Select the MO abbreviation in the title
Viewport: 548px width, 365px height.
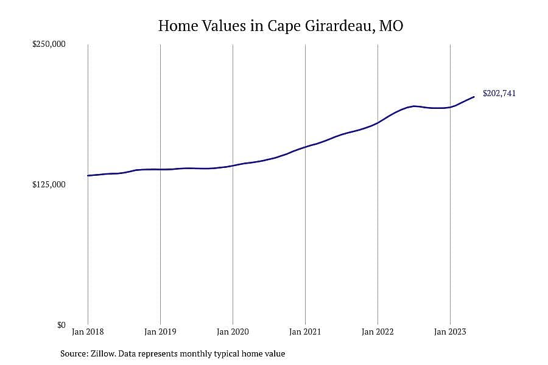coord(391,26)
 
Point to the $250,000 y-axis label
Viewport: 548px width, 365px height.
coord(49,44)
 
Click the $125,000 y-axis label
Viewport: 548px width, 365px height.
coord(49,184)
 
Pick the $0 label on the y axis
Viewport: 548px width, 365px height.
coord(61,325)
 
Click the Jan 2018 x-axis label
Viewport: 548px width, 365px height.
coord(88,332)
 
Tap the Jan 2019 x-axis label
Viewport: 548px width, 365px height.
coord(160,332)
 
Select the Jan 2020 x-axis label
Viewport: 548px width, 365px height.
coord(233,332)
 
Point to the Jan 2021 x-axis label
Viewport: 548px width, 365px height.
coord(305,332)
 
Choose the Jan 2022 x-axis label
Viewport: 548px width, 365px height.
coord(378,332)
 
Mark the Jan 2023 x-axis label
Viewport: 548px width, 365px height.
coord(450,332)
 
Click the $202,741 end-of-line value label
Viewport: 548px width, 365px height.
coord(499,93)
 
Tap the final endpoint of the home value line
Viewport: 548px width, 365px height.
coord(474,97)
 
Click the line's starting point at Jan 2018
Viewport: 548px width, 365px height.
coord(88,175)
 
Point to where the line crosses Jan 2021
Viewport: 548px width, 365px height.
coord(305,147)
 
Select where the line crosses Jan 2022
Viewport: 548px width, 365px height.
coord(378,123)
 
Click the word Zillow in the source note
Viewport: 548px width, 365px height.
coord(103,353)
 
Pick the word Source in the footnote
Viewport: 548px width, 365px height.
coord(74,353)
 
